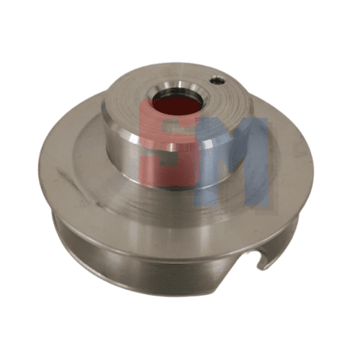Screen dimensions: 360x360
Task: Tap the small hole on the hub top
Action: [x=217, y=81]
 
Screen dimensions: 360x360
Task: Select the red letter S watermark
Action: [x=169, y=143]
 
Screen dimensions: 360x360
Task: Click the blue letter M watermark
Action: [x=231, y=162]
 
